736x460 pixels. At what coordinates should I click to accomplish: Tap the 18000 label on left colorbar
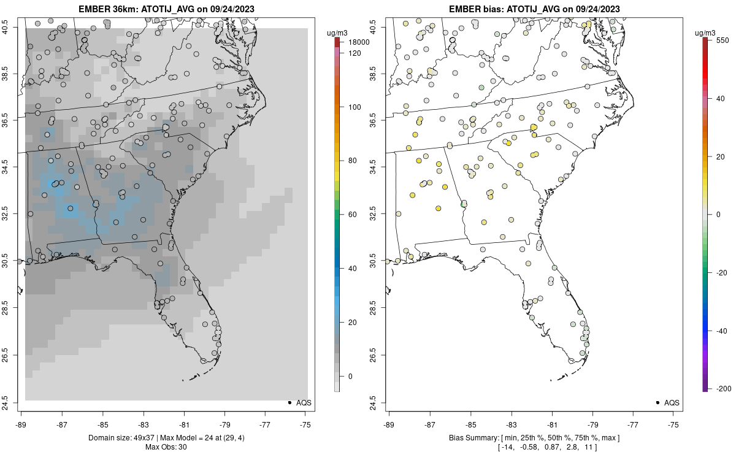click(359, 42)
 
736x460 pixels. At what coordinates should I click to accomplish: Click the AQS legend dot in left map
click(289, 402)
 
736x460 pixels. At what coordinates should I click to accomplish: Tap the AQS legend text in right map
click(673, 402)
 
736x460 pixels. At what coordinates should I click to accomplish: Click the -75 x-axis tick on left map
click(305, 424)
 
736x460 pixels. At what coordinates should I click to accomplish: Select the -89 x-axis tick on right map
click(389, 424)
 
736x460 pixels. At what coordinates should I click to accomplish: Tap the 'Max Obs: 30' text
click(166, 447)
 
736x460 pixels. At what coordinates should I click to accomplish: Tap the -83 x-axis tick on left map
click(143, 424)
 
